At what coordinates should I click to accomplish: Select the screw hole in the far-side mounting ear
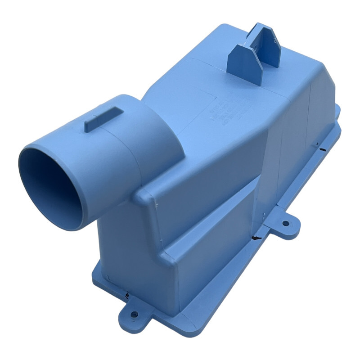[x=285, y=222]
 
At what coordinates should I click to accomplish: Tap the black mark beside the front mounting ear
[x=127, y=296]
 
